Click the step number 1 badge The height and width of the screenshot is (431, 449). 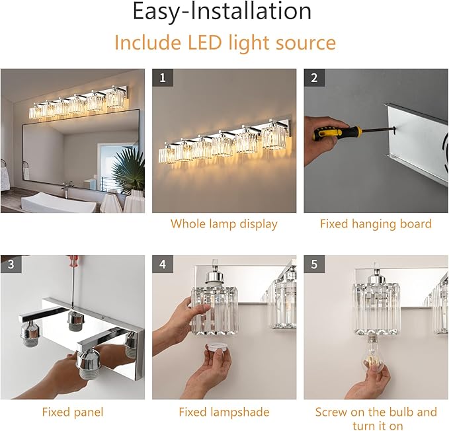point(163,77)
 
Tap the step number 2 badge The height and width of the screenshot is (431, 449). point(314,77)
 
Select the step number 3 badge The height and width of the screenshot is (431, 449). point(11,264)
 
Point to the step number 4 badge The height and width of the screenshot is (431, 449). point(163,264)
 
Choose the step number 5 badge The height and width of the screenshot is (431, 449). point(314,264)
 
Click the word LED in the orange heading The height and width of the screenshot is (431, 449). point(205,43)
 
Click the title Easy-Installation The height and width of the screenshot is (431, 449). point(222,11)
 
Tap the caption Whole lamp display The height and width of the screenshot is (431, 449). point(224,224)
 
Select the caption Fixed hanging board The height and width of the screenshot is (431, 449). point(376,224)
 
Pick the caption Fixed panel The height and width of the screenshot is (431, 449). point(73,412)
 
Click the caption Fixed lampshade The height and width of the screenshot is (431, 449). point(224,412)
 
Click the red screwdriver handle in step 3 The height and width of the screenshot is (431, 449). point(73,260)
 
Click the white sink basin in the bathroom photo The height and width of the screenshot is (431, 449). point(59,202)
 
